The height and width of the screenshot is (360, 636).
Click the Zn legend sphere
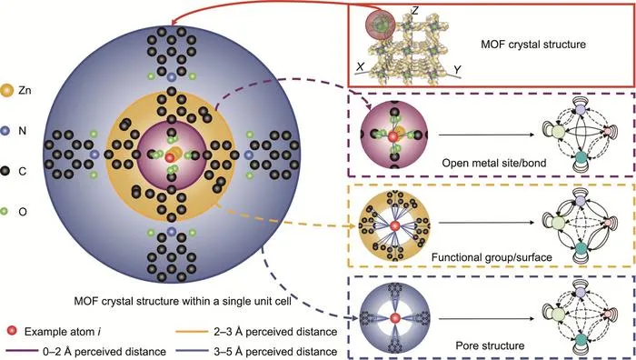coord(7,90)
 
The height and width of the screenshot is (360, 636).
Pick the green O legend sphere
coord(4,212)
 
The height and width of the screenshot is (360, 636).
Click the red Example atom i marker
coord(13,331)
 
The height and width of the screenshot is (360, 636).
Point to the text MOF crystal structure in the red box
coord(533,44)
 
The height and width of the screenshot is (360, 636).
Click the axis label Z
coord(414,11)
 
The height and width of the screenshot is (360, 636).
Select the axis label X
coord(360,67)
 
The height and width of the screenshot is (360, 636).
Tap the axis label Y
coord(457,70)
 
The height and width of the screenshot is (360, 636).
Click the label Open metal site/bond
coord(494,163)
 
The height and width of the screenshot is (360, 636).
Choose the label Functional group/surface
coord(492,257)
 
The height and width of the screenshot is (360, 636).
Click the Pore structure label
coord(490,345)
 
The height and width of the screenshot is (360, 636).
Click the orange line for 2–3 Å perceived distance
coord(192,332)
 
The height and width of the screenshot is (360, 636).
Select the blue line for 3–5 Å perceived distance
coord(192,351)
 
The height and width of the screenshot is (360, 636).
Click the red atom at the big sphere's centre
coord(170,157)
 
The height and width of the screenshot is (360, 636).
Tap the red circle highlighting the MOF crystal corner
coord(380,25)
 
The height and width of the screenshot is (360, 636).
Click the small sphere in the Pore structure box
coord(395,318)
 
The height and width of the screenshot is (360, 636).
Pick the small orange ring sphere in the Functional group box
coord(395,225)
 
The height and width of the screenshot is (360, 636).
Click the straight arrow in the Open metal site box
coord(487,135)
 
